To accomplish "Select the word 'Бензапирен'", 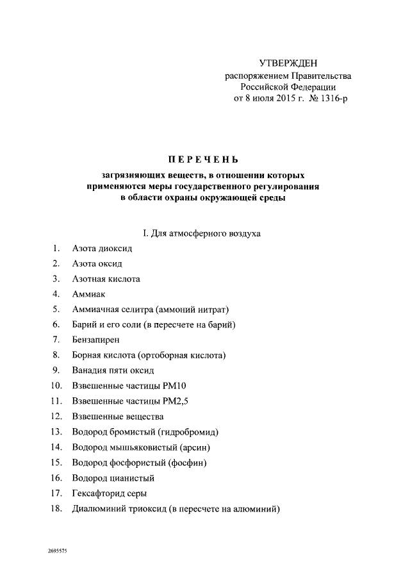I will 96,340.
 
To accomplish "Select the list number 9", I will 56,370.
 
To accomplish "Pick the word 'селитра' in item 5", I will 141,310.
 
